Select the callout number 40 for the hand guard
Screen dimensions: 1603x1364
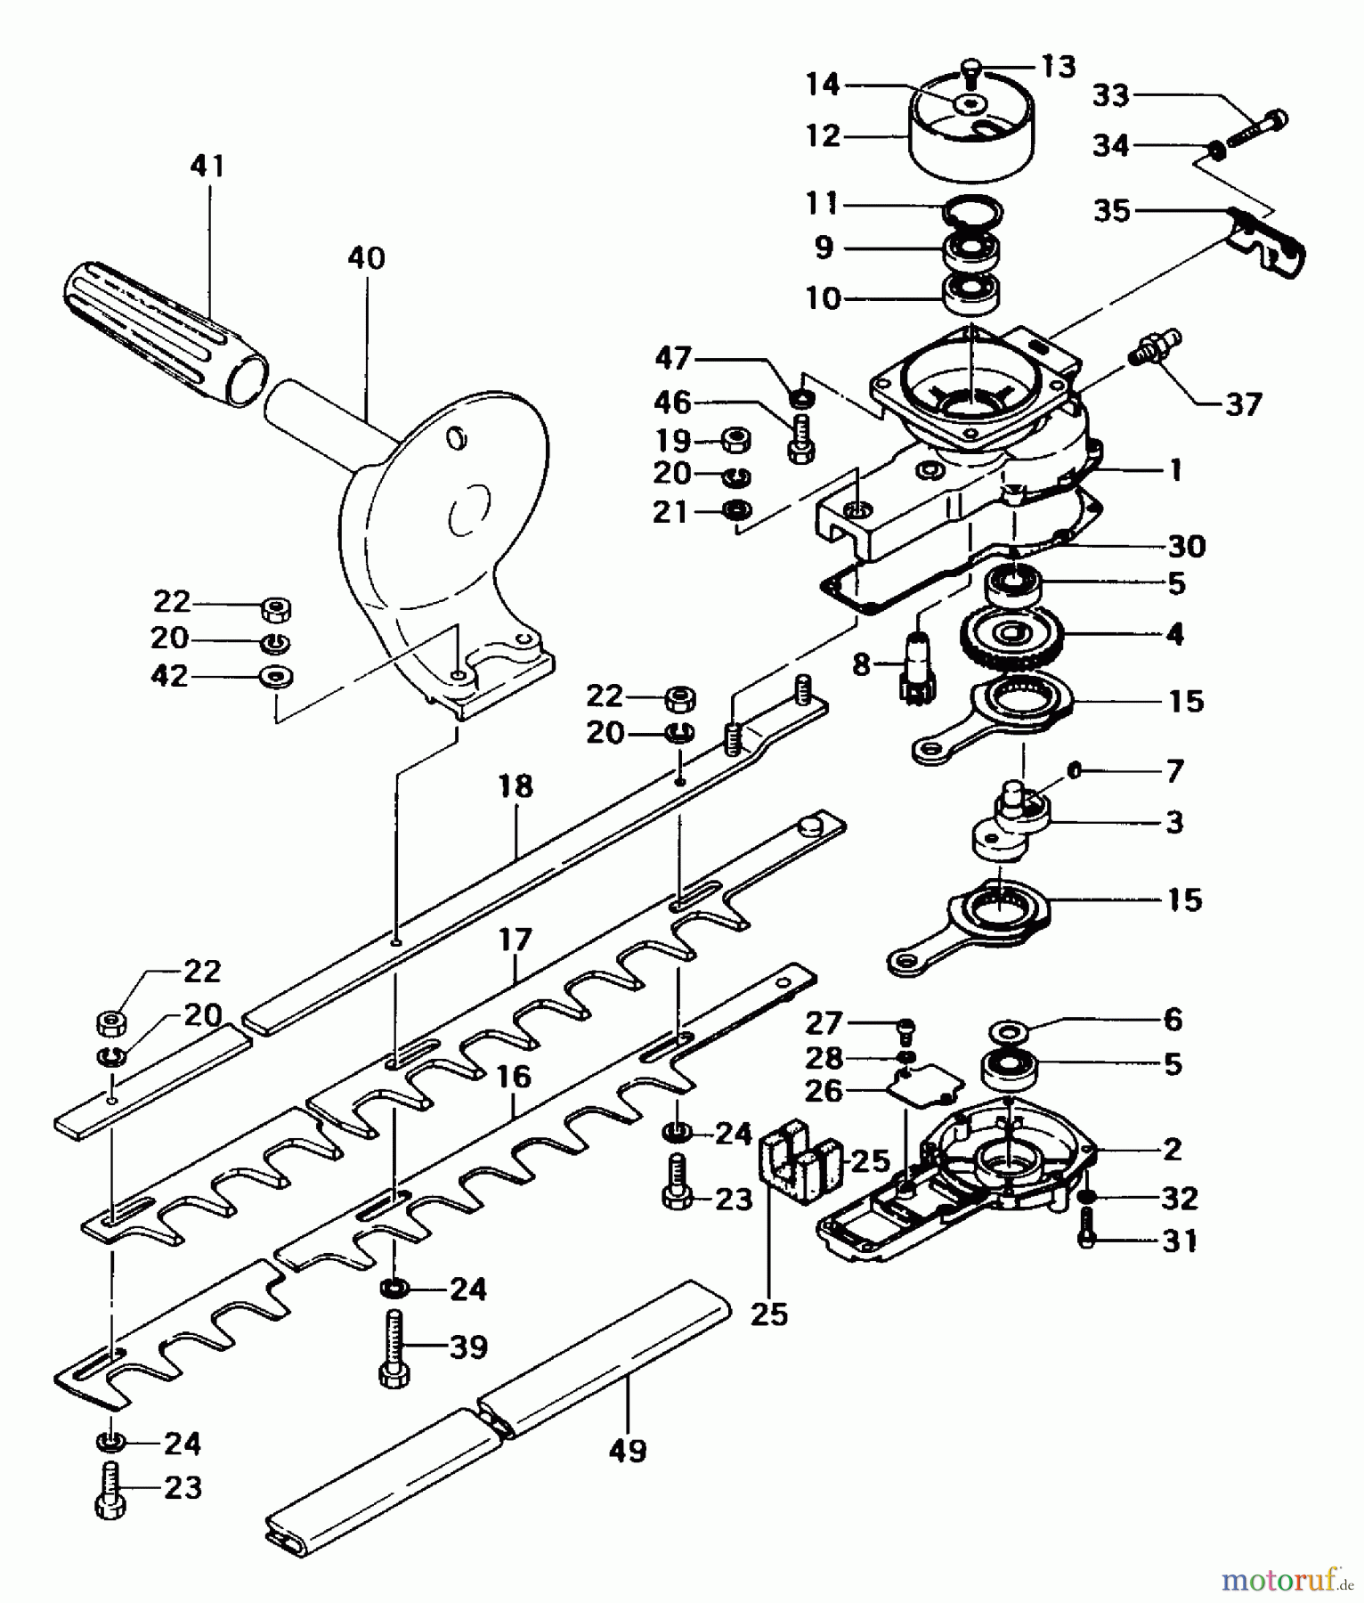(x=366, y=258)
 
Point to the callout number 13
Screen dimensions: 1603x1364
(x=1058, y=67)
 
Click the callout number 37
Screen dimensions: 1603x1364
(x=1243, y=405)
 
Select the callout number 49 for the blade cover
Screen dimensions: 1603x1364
(x=628, y=1451)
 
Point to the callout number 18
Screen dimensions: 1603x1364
(x=516, y=786)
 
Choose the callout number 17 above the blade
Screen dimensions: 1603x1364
(x=516, y=940)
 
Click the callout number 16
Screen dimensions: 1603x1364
(x=514, y=1077)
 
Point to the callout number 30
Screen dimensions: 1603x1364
(x=1186, y=546)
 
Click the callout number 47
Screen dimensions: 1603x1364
(x=673, y=359)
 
